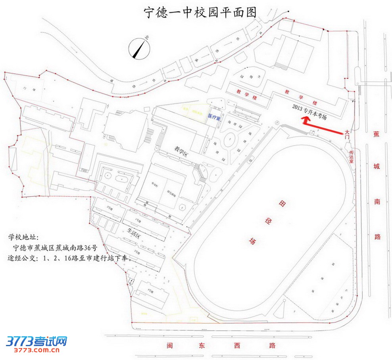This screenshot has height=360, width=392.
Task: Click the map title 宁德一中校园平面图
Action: pos(200,12)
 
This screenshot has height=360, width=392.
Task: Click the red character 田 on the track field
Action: pos(282,204)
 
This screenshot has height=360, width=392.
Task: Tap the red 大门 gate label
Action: pos(348,134)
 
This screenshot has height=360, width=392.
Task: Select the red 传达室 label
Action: pos(351,157)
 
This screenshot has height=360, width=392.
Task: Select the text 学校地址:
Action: pos(23,238)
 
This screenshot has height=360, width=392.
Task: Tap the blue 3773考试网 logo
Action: pos(37,341)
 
